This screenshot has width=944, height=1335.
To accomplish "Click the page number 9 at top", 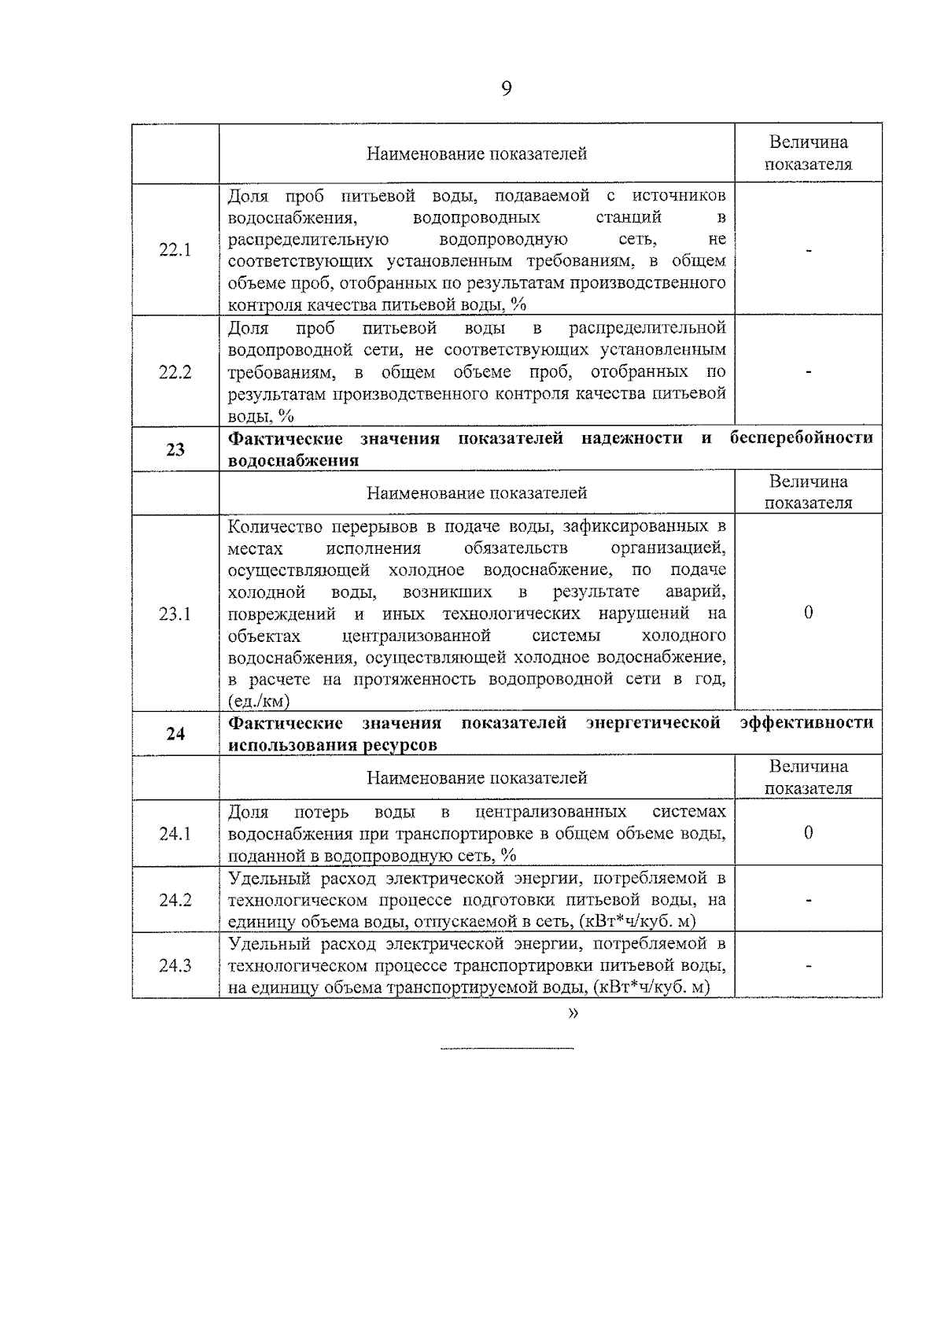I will click(x=506, y=88).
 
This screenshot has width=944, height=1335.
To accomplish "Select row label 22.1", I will click(x=175, y=250).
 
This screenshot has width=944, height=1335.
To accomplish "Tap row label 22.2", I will click(x=175, y=372).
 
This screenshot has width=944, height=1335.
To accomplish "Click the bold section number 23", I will click(x=175, y=450).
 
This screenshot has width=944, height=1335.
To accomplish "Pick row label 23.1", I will click(x=175, y=614).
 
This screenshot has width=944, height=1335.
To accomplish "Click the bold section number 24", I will click(x=175, y=734).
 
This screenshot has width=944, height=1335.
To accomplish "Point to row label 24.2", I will click(x=175, y=900).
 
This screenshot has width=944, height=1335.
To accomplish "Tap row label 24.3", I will click(x=175, y=966).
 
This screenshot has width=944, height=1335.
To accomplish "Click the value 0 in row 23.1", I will click(x=808, y=614).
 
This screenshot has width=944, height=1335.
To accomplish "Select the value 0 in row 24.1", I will click(x=808, y=833).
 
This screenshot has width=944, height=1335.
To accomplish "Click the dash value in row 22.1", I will click(x=808, y=250).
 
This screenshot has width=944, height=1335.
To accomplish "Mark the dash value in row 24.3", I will click(x=808, y=966).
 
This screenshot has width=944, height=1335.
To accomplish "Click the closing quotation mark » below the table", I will click(x=572, y=1014).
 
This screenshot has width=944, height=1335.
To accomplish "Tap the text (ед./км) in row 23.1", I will click(x=259, y=701).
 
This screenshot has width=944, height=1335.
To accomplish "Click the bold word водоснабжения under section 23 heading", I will click(x=293, y=461).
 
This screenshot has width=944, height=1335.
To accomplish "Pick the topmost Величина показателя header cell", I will click(x=808, y=153).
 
